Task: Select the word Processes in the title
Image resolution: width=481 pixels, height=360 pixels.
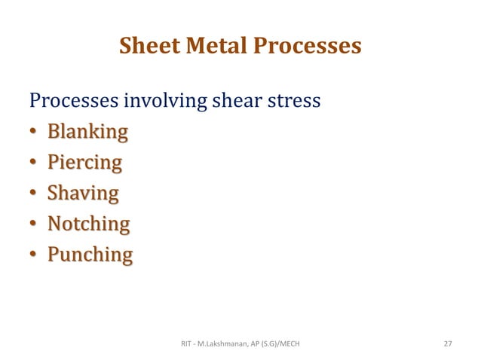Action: [308, 47]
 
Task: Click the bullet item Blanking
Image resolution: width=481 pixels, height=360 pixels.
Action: [87, 133]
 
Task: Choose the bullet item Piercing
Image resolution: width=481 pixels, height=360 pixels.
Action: [84, 163]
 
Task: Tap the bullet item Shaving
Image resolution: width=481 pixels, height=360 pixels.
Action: [83, 194]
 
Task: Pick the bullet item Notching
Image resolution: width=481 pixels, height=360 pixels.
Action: [88, 224]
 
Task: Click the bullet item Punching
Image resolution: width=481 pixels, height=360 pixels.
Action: [90, 255]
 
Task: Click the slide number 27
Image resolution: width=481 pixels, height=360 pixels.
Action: [448, 343]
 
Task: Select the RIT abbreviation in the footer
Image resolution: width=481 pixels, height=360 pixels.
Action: [188, 343]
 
